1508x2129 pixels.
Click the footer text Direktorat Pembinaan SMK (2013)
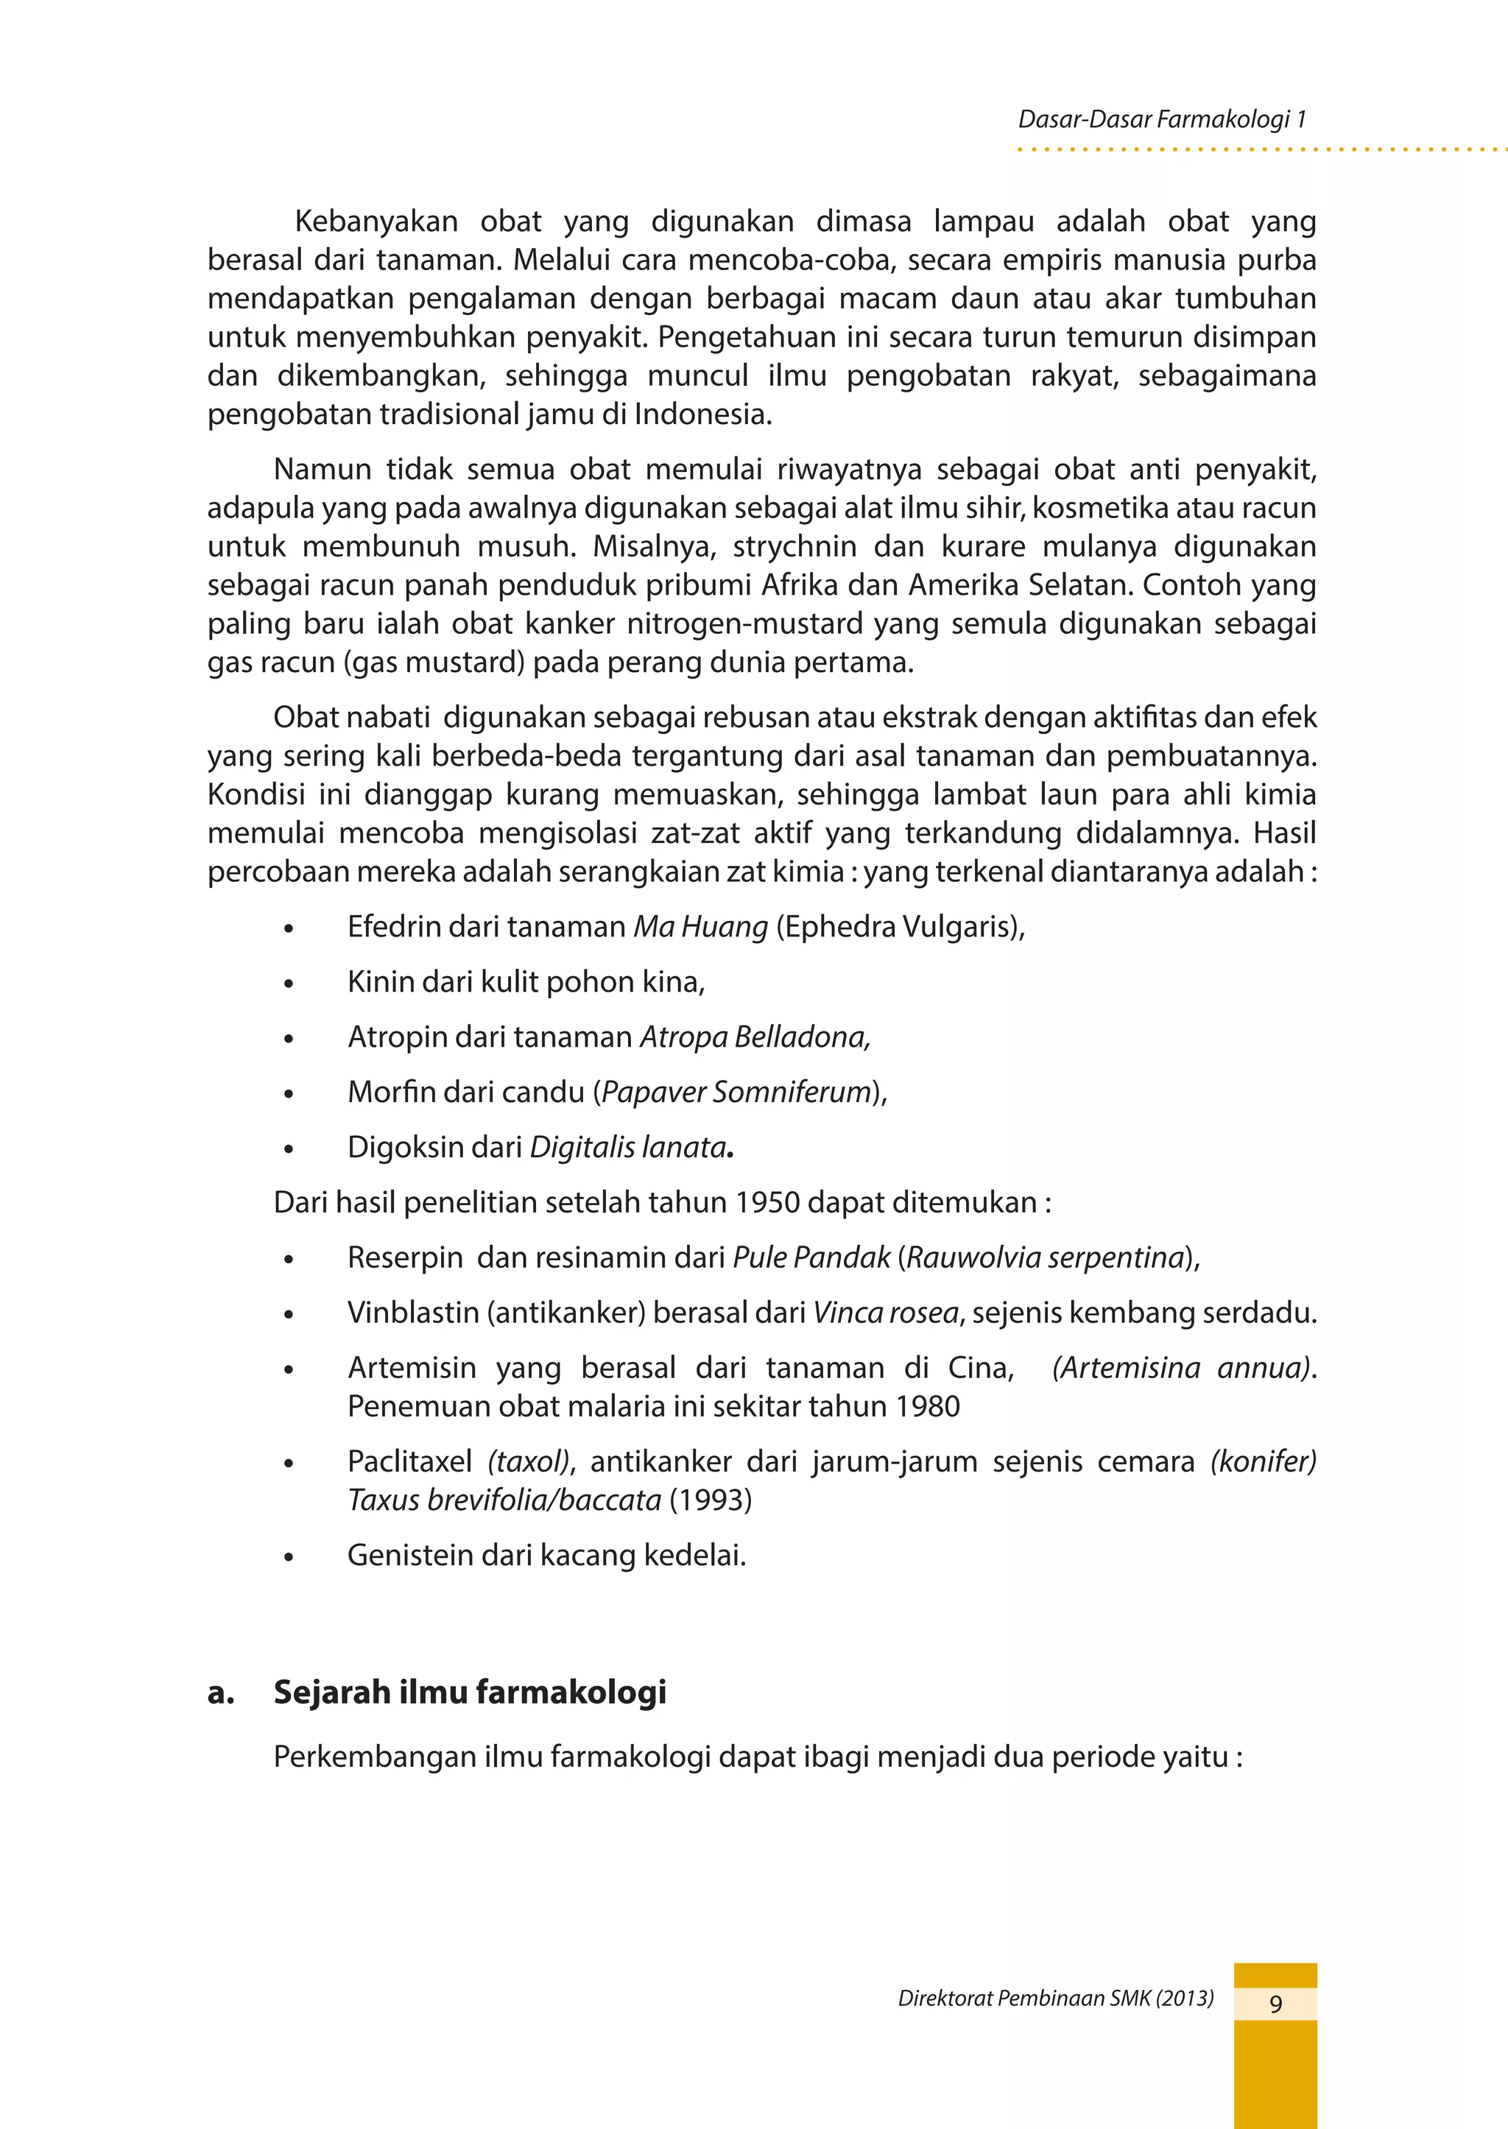[x=1056, y=1998]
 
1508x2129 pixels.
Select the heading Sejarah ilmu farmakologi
[x=470, y=1692]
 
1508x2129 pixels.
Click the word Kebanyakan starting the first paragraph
[x=376, y=222]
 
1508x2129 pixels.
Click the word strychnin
[x=794, y=546]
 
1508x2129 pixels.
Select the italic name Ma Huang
[x=700, y=927]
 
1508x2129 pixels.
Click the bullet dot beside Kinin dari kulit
[x=289, y=984]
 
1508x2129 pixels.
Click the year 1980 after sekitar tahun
[x=928, y=1407]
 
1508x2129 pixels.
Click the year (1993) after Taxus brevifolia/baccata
[x=711, y=1500]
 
